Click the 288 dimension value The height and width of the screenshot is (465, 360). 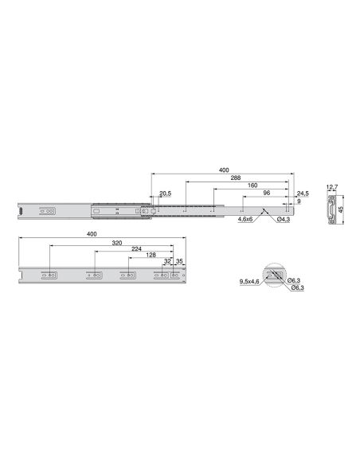click(x=236, y=178)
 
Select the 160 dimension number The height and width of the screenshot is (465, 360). click(x=252, y=186)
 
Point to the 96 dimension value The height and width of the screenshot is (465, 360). click(x=267, y=193)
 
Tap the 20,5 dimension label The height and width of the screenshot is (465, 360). click(x=165, y=193)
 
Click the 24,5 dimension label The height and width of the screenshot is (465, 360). click(x=303, y=193)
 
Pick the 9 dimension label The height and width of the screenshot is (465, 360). click(x=299, y=201)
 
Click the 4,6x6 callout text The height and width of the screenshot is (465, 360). click(x=245, y=220)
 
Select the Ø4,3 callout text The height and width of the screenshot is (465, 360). click(x=284, y=220)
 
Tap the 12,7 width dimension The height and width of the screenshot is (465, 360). click(x=332, y=187)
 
